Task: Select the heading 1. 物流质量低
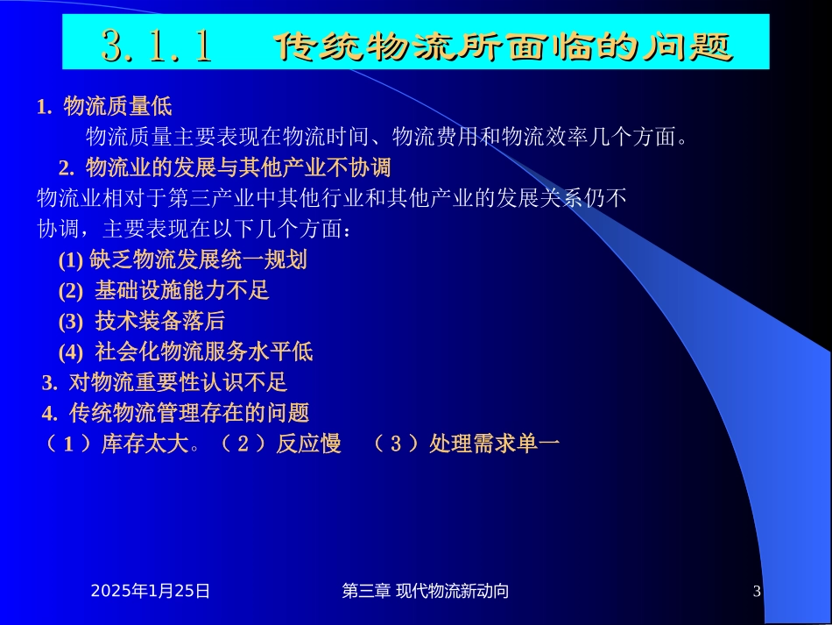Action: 104,107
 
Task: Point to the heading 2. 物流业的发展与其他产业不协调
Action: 224,167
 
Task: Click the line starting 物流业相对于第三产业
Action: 332,198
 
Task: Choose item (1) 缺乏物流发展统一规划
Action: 182,259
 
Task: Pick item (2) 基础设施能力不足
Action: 164,290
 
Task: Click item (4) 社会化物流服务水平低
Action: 186,352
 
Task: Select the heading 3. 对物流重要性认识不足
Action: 165,382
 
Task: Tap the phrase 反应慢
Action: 308,444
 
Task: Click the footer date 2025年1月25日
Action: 151,592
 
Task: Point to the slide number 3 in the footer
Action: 757,592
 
